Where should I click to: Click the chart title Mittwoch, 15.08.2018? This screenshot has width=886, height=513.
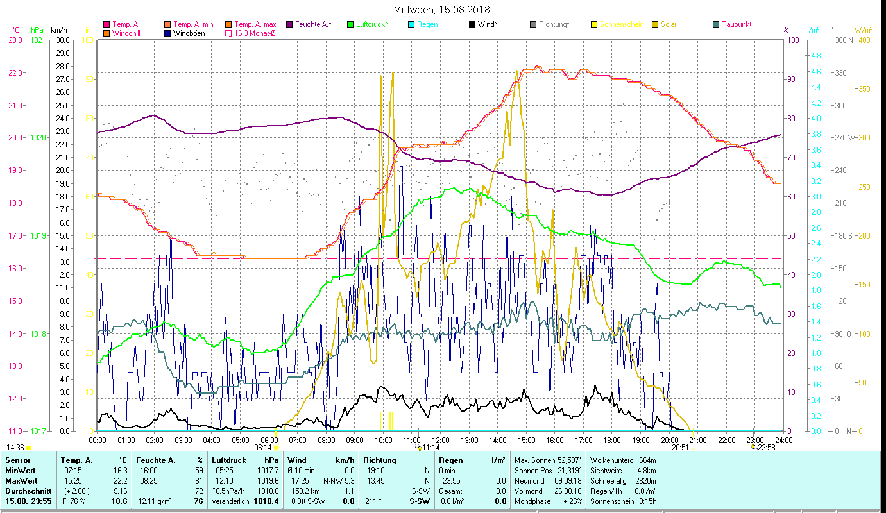442,10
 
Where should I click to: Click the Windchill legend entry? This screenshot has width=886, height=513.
126,33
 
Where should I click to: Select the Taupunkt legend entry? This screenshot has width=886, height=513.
736,24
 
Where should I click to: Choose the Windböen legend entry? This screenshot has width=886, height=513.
189,33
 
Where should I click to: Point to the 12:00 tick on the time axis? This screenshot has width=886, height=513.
441,441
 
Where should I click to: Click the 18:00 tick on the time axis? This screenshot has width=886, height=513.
612,441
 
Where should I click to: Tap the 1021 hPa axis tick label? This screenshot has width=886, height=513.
38,40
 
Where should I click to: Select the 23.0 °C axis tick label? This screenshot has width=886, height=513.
15,40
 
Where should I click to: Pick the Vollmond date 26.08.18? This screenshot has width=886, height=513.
568,491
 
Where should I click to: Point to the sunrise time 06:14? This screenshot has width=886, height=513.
263,448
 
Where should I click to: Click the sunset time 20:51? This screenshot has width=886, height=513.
680,448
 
